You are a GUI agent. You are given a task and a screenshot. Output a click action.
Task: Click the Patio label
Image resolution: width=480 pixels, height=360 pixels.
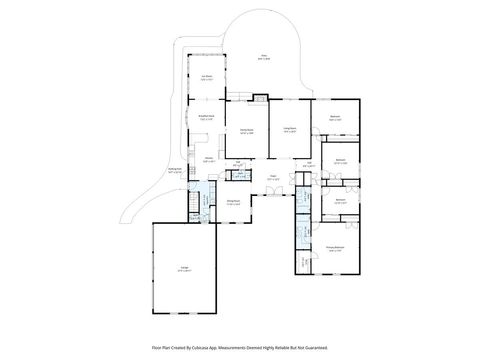pos(264,57)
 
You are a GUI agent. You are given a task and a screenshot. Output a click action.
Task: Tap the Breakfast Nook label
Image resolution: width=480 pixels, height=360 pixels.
pos(205,117)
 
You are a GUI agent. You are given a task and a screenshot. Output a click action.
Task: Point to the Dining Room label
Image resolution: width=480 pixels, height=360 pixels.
pos(244,131)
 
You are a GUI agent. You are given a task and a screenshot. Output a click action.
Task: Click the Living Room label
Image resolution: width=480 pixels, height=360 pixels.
pos(290,131)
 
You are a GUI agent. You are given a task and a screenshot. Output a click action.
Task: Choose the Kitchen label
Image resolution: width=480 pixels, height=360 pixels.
pos(210,159)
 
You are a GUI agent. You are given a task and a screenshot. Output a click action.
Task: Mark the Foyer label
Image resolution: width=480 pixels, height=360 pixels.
pos(271,180)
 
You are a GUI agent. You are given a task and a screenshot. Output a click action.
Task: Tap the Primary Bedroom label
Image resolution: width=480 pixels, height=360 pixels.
pos(336,249)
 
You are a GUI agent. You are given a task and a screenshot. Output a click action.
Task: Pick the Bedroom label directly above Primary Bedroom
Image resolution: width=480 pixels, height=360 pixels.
pos(340,202)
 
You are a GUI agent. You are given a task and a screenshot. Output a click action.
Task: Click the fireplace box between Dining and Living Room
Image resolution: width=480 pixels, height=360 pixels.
pos(261,98)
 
